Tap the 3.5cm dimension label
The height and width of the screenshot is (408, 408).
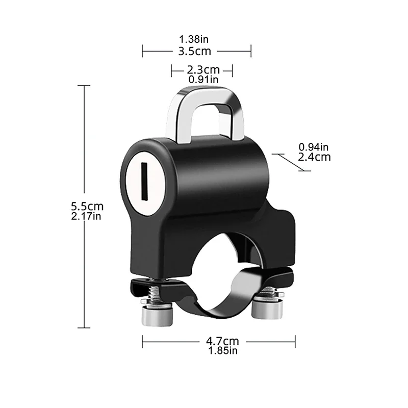click(x=196, y=51)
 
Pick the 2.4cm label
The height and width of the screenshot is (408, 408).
click(x=314, y=157)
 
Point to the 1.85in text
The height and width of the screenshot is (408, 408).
click(x=218, y=350)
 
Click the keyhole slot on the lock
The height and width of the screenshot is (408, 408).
click(x=144, y=181)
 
